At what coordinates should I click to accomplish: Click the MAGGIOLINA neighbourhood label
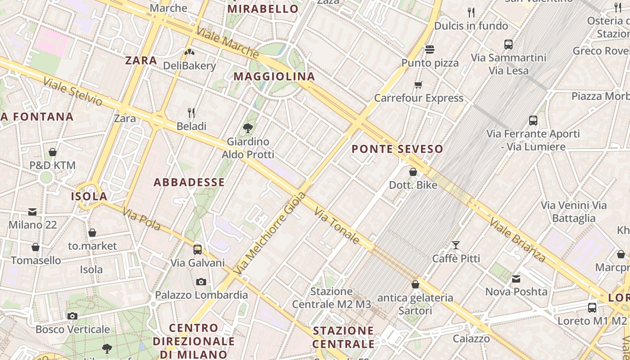274,76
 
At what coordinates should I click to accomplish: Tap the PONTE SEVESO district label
397,149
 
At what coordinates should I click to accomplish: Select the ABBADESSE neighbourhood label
189,182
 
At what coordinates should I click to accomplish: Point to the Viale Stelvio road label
73,92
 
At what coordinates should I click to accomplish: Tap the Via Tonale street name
337,225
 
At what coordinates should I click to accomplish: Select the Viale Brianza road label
517,240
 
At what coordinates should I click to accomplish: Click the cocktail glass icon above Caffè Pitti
456,245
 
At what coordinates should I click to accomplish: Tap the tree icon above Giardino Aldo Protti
247,128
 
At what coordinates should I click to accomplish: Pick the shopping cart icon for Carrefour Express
418,85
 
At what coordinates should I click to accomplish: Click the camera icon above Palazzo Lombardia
201,282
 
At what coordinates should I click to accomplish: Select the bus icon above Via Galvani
198,249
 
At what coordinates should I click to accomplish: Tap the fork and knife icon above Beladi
192,112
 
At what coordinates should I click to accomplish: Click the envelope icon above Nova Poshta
516,279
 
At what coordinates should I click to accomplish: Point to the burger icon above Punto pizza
430,49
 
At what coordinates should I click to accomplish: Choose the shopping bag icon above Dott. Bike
413,172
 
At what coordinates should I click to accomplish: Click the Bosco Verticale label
73,329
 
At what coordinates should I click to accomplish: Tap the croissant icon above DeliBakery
189,52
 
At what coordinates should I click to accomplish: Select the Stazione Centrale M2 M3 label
332,298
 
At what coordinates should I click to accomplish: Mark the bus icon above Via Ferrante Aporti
533,120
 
